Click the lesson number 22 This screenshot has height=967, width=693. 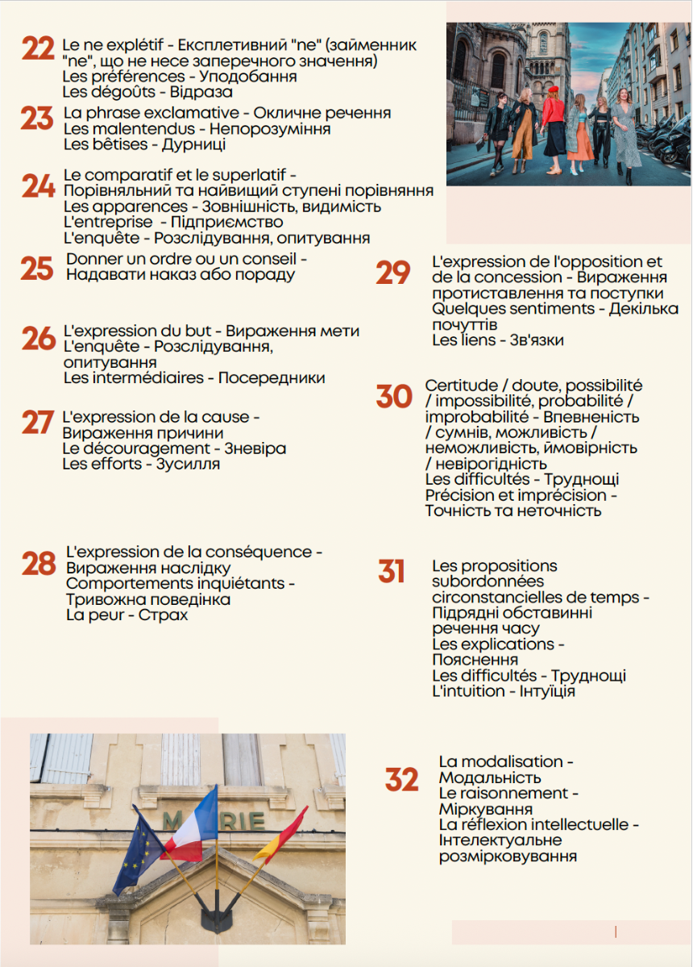(38, 49)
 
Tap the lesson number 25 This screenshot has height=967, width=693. (37, 269)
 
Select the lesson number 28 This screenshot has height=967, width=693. (39, 564)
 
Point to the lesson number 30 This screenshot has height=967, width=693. (394, 397)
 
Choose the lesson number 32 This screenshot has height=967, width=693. (401, 780)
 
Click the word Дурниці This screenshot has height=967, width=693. (193, 145)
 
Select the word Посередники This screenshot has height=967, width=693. (272, 377)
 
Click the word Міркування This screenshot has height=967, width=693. (485, 809)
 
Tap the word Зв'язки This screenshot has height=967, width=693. (537, 340)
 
